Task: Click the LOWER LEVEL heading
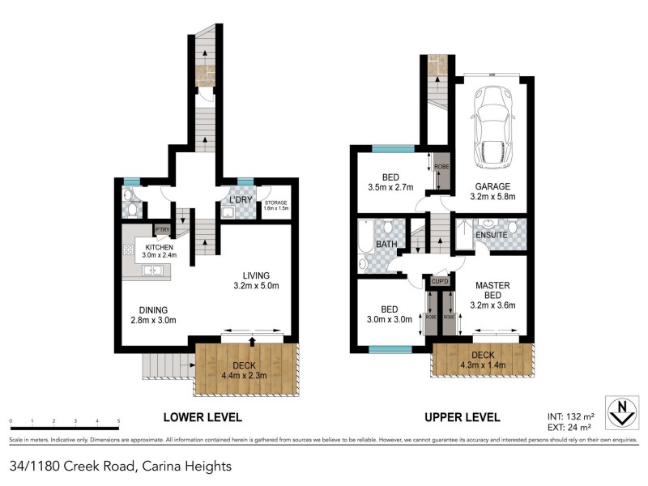202,417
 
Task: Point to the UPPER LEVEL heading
463,417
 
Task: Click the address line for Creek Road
122,466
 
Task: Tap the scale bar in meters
65,422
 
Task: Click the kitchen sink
153,271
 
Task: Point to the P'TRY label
162,230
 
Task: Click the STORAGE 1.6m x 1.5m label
276,206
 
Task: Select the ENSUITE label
491,235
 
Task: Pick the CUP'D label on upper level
441,281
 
